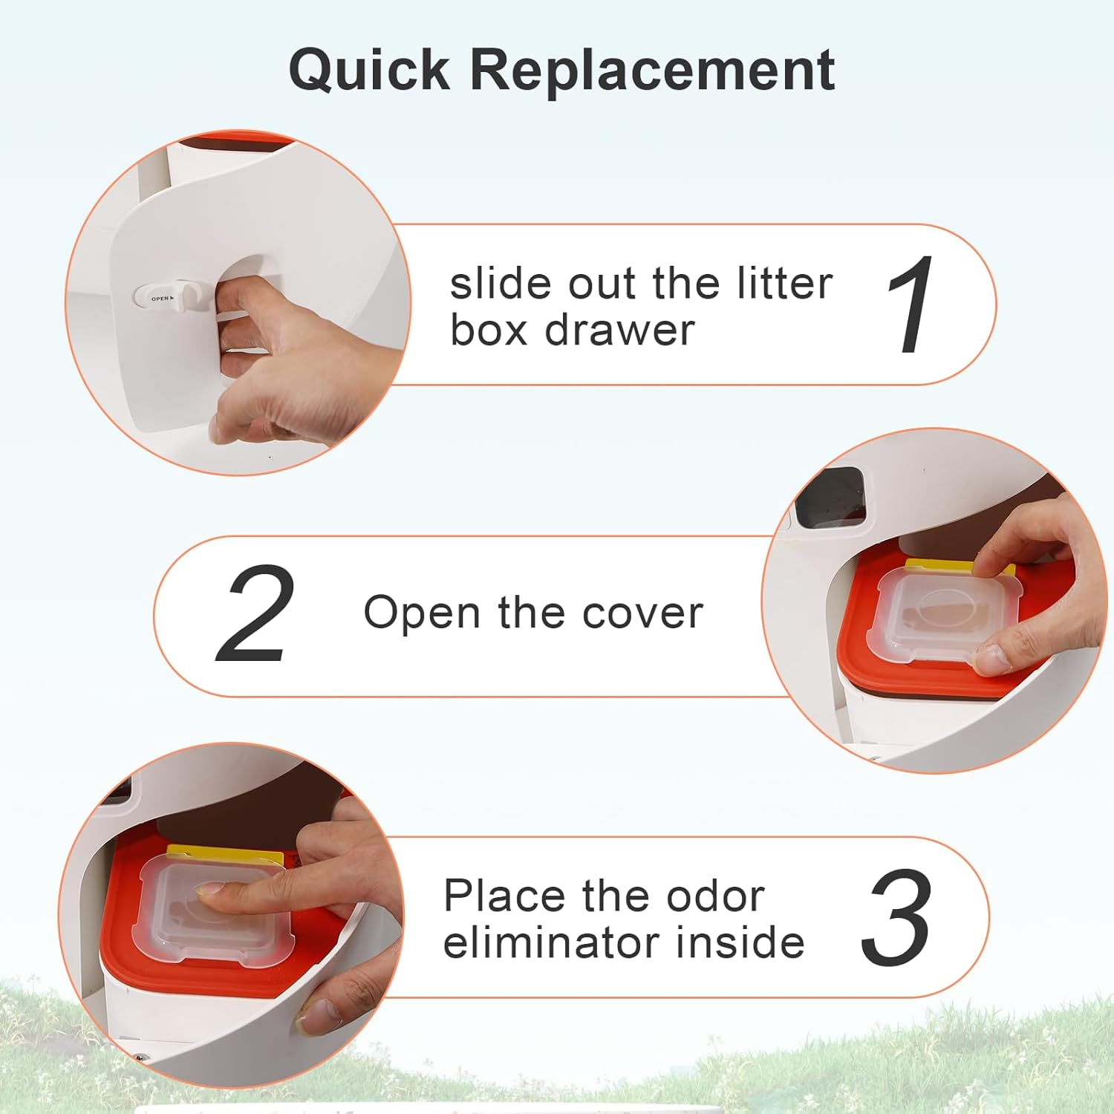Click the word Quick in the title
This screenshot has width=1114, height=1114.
(x=369, y=71)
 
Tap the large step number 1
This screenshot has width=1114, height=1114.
(x=912, y=304)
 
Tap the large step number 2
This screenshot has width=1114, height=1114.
(x=255, y=614)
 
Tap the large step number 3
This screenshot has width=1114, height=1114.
(x=896, y=918)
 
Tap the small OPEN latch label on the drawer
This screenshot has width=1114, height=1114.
(x=162, y=299)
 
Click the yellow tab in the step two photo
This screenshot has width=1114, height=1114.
(x=936, y=566)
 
